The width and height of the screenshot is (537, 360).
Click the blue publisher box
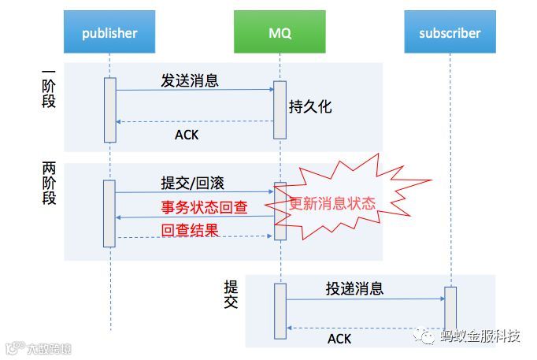click(109, 32)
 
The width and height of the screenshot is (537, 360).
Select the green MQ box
click(280, 32)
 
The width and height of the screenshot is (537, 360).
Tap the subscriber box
click(450, 32)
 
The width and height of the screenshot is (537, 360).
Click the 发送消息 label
click(189, 80)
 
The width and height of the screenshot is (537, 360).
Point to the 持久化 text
click(310, 106)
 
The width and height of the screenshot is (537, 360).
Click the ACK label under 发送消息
click(187, 135)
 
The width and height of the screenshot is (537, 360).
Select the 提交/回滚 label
click(192, 183)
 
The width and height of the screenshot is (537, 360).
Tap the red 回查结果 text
click(189, 231)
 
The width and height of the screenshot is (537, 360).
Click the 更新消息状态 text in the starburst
click(332, 202)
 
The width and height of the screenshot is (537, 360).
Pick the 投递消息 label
click(354, 288)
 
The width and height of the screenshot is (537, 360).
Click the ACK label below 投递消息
click(339, 339)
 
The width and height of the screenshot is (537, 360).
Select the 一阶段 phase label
click(49, 88)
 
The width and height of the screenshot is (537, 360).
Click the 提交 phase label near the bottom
click(231, 294)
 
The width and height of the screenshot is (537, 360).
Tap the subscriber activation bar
click(450, 308)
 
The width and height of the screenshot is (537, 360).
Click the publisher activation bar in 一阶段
click(109, 109)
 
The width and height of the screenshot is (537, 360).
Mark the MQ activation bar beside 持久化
click(279, 109)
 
